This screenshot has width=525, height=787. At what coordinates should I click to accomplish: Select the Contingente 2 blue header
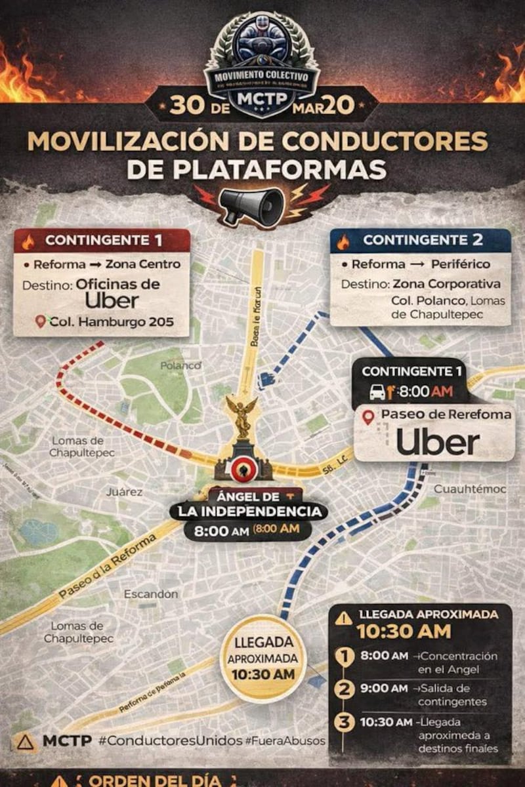(420, 241)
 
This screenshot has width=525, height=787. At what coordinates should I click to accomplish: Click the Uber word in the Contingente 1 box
(112, 300)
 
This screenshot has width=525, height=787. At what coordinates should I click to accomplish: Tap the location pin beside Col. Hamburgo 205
(41, 321)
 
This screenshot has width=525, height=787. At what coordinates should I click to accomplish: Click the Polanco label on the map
(180, 366)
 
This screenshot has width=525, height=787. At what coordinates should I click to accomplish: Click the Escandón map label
(151, 594)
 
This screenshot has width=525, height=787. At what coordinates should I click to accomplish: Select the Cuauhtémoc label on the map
(470, 489)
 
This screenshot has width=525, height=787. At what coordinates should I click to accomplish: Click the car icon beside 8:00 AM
(377, 392)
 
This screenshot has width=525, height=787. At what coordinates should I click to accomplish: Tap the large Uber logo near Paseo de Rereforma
(438, 443)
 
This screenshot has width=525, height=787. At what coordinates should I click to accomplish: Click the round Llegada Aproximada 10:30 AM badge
(263, 658)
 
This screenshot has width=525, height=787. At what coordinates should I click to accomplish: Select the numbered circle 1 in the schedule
(345, 656)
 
